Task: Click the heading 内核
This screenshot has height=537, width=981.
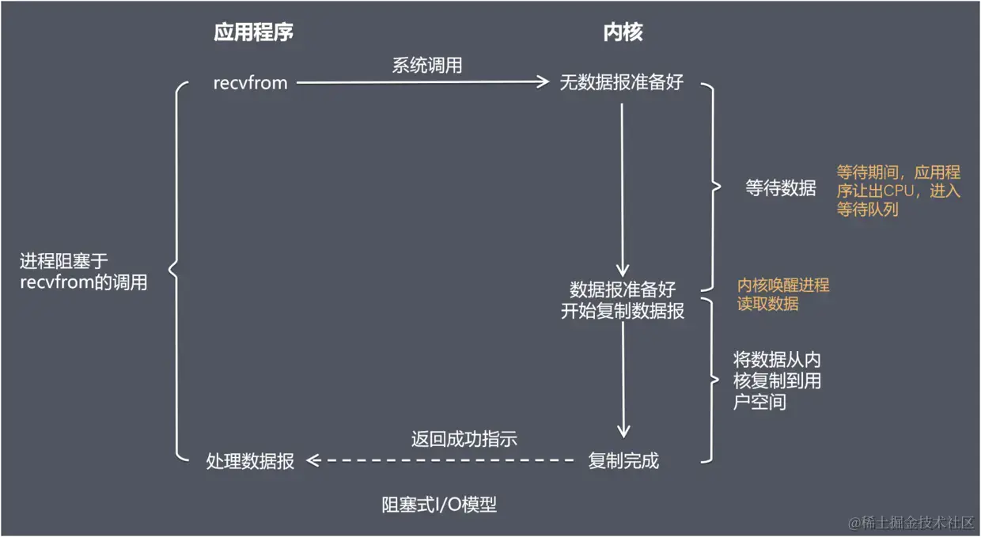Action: (x=623, y=32)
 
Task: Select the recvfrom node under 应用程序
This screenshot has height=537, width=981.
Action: (x=250, y=82)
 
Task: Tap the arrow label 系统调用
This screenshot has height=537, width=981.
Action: (x=427, y=66)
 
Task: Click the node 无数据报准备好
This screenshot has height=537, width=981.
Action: (x=622, y=82)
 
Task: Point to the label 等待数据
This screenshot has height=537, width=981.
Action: (x=780, y=188)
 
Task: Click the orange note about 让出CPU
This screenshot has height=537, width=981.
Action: (x=898, y=191)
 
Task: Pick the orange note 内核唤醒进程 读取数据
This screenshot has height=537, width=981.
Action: (x=783, y=294)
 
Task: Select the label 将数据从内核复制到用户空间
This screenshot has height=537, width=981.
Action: (x=777, y=381)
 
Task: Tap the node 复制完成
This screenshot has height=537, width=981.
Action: (x=623, y=461)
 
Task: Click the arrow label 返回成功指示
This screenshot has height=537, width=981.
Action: (x=464, y=438)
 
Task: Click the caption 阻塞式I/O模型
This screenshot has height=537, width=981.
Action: (x=439, y=505)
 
